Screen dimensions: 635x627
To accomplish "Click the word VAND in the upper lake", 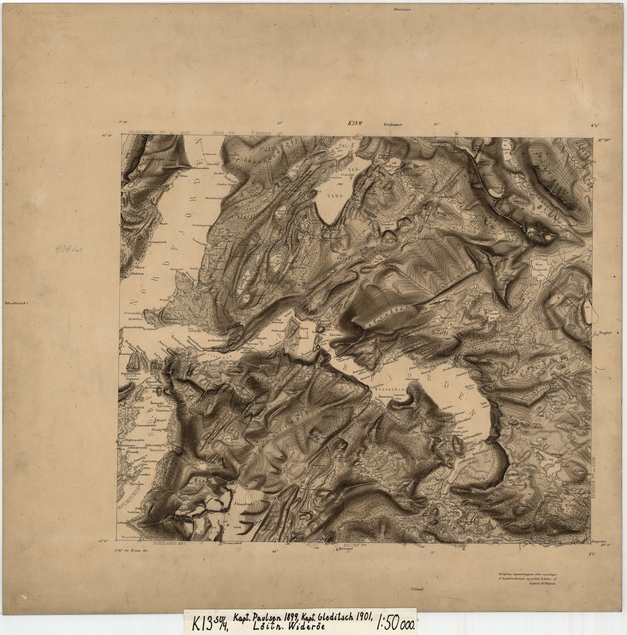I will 336,196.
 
